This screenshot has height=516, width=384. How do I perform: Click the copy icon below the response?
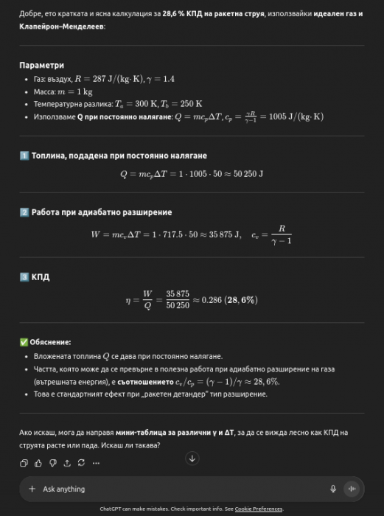tap(24, 463)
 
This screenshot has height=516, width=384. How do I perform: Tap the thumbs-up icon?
tap(38, 463)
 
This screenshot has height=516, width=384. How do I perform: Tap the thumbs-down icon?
tap(52, 463)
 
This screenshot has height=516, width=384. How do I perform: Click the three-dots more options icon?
tap(96, 463)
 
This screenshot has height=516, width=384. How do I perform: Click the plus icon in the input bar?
tap(32, 489)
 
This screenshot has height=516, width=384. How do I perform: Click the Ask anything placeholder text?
tap(64, 489)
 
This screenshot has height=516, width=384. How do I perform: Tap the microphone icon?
tap(333, 489)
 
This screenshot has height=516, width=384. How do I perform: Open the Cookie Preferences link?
tap(259, 509)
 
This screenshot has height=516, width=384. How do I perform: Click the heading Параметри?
tap(41, 66)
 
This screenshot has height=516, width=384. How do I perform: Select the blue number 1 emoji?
tap(24, 156)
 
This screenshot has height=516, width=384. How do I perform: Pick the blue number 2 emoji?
tap(24, 212)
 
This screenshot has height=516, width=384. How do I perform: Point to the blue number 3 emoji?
tap(24, 277)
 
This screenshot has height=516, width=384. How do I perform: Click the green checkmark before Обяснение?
tap(24, 342)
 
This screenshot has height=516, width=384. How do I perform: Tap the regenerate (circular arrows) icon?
tap(81, 463)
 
